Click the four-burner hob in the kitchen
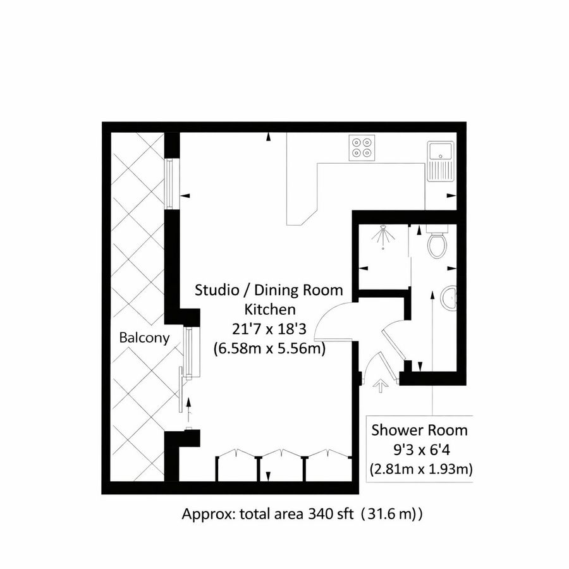[362, 148]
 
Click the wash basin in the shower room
[450, 298]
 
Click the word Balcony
[144, 338]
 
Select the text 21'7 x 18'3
[269, 329]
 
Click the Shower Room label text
[419, 431]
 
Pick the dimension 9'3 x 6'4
[419, 450]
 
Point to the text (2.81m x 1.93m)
[419, 469]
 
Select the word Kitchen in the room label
[269, 310]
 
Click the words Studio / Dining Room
[269, 291]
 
